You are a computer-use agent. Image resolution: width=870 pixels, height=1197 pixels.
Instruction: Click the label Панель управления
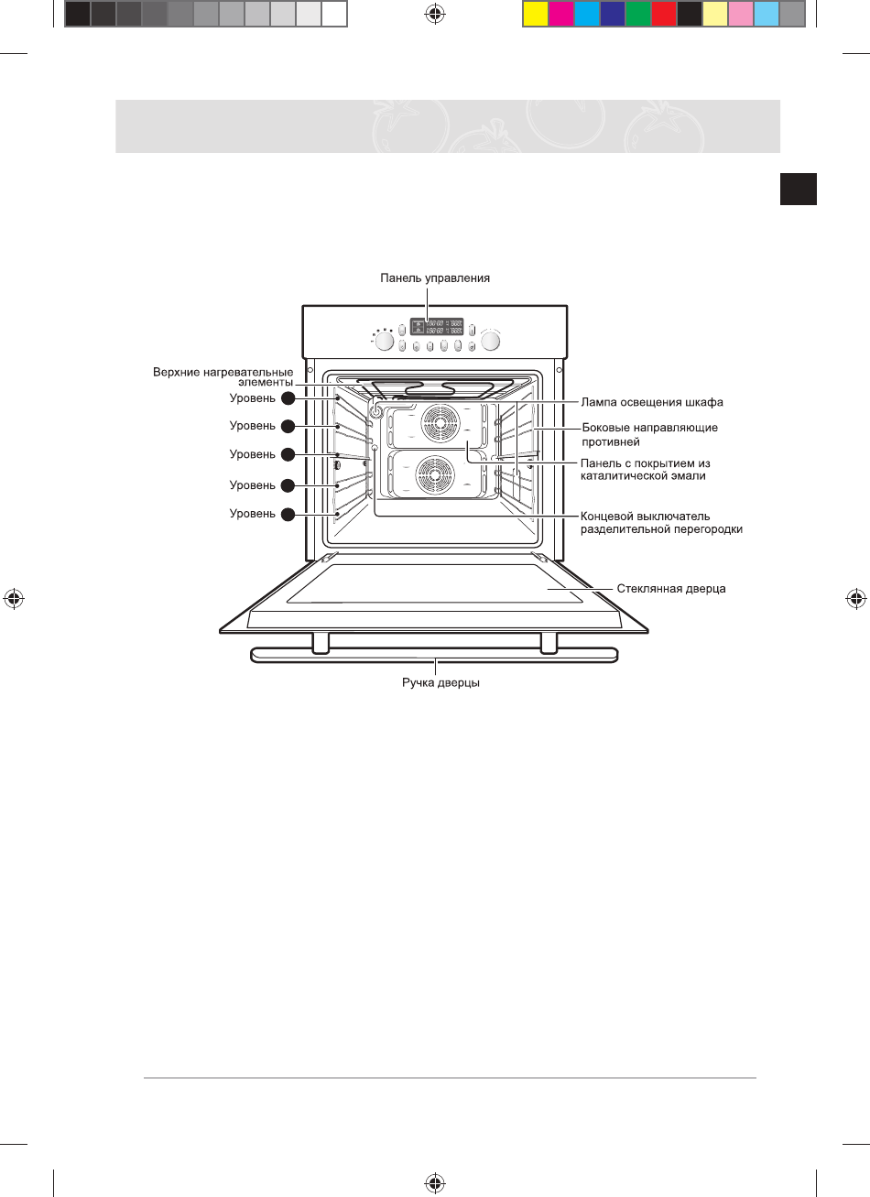[435, 277]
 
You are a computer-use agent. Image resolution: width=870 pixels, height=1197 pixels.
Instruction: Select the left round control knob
[385, 342]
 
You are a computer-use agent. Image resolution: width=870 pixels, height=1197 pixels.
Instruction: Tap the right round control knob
[492, 342]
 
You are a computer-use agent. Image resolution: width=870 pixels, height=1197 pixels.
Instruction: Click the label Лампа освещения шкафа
[652, 402]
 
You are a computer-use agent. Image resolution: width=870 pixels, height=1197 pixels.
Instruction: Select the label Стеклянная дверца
[671, 589]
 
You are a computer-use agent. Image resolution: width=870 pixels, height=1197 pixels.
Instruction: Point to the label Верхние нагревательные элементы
[223, 377]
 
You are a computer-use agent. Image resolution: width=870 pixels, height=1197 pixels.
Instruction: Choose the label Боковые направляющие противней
[650, 434]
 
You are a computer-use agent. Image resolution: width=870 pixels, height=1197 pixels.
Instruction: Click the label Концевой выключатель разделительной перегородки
[661, 523]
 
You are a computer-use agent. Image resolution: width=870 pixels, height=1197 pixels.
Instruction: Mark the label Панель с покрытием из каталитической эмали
[646, 470]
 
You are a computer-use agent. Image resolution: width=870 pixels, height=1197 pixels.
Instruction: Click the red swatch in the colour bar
[664, 14]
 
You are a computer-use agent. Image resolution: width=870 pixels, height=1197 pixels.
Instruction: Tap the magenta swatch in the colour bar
[561, 14]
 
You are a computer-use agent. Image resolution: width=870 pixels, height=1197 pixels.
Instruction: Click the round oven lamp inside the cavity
[376, 411]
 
